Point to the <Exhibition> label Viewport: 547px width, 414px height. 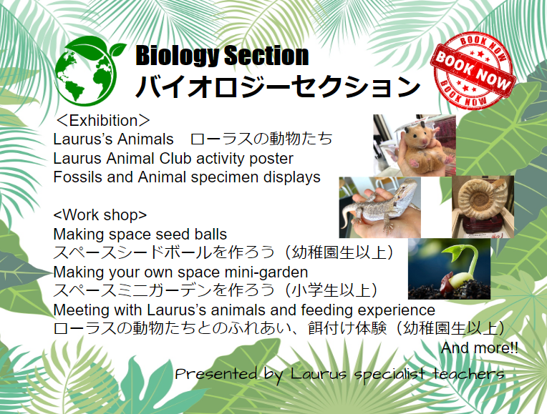tap(102, 121)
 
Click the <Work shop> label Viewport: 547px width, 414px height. tap(100, 215)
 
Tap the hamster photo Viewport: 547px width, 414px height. tap(415, 145)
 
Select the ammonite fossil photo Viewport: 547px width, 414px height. tap(483, 207)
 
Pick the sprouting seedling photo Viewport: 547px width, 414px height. tap(450, 269)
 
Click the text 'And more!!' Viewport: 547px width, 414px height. tap(479, 348)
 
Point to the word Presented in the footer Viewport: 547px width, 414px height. tap(216, 373)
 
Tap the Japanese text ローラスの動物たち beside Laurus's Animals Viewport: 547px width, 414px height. tap(261, 139)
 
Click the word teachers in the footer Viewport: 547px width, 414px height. tap(468, 373)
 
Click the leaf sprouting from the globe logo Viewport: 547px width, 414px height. tap(116, 49)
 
